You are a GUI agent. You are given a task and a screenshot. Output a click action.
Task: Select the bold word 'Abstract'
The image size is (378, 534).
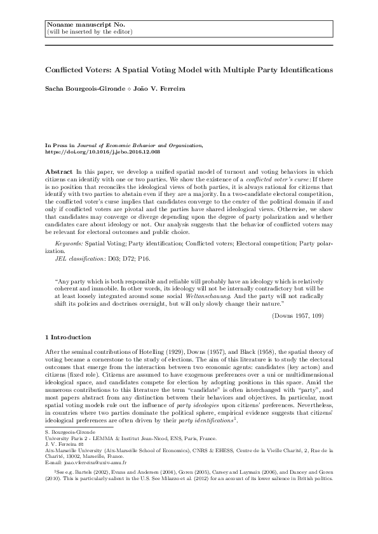[59, 172]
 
